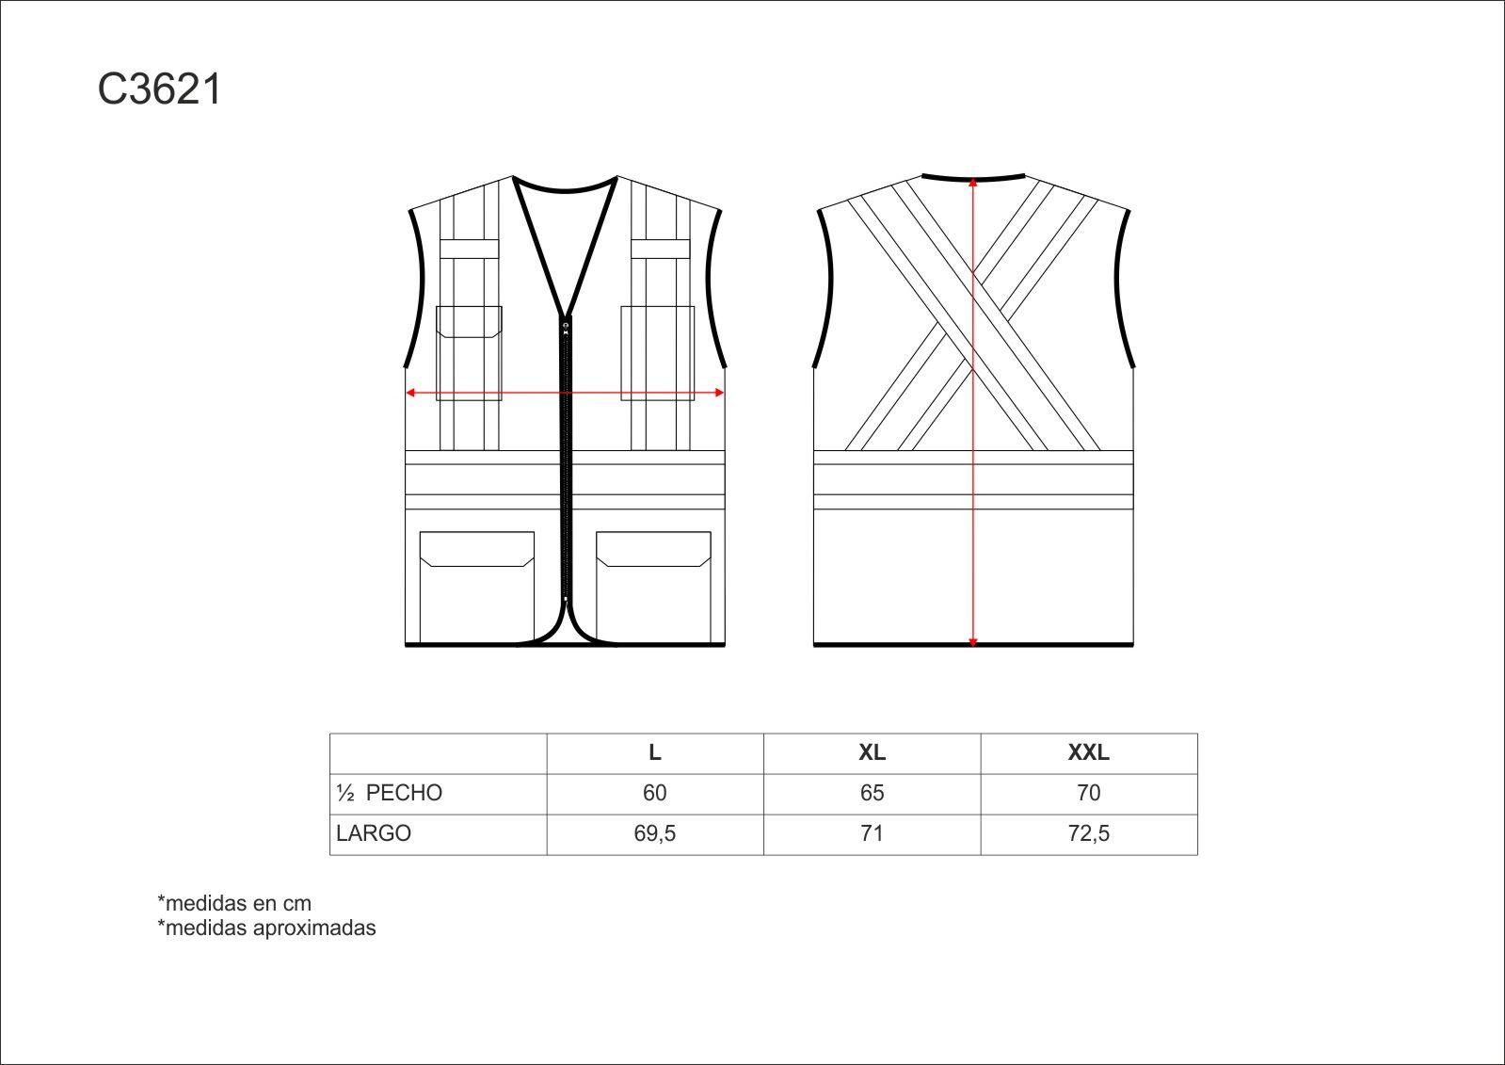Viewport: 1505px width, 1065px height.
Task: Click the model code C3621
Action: (159, 89)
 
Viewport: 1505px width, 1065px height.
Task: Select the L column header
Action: (655, 752)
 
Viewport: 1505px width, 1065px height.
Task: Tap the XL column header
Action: (873, 752)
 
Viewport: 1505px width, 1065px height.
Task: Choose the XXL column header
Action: (1088, 752)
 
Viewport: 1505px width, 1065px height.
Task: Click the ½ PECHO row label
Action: (389, 793)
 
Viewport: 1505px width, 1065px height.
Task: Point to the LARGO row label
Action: (374, 833)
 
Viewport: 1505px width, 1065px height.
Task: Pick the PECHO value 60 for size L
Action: (655, 793)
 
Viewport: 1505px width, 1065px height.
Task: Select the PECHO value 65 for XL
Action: (873, 793)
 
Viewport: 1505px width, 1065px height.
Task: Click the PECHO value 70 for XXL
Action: (1088, 793)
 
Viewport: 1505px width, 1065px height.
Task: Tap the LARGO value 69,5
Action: (655, 833)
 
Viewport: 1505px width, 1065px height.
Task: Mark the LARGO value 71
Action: (873, 833)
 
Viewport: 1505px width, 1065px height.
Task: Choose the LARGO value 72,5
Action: (1088, 833)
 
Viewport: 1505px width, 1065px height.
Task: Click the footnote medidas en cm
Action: (234, 903)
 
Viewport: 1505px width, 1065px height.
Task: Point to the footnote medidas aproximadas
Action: (266, 928)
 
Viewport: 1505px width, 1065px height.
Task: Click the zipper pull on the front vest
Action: (566, 328)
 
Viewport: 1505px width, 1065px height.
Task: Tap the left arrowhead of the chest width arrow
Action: (409, 393)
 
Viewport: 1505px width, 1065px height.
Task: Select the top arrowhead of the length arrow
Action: (973, 182)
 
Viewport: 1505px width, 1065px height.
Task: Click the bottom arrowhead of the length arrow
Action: (973, 642)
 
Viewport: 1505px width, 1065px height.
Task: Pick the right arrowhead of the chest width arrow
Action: (720, 393)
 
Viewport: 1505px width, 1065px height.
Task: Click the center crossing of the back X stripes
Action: (973, 315)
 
